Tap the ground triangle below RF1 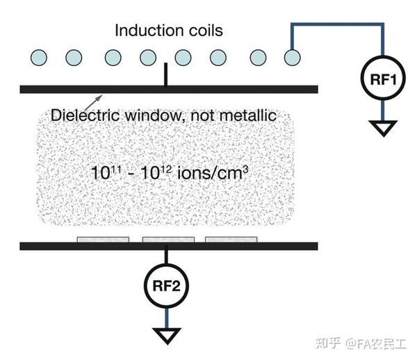click(383, 128)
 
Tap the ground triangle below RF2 click(167, 336)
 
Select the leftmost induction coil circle click(39, 58)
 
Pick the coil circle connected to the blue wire click(293, 58)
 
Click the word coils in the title click(206, 31)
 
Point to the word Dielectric click(85, 115)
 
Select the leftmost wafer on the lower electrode click(103, 240)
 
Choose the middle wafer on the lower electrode click(168, 240)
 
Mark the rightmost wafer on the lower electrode click(231, 240)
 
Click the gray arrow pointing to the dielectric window click(93, 102)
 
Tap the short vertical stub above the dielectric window click(165, 74)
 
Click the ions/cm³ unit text click(213, 172)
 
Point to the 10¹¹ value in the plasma click(106, 172)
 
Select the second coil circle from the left click(74, 58)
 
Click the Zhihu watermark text click(361, 343)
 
